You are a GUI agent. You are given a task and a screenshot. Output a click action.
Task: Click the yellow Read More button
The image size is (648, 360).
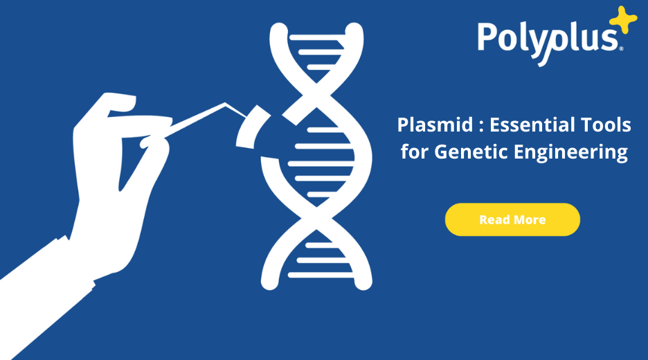(512, 219)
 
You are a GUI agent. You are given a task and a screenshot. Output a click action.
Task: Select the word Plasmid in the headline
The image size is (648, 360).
(426, 126)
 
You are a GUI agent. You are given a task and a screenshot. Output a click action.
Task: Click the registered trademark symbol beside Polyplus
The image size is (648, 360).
(621, 48)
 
